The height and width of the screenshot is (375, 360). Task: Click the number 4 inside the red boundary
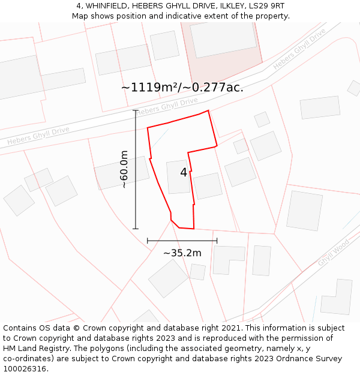tap(184, 173)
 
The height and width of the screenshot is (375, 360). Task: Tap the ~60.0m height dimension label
tap(124, 170)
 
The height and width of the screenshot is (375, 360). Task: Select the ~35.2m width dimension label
tap(182, 253)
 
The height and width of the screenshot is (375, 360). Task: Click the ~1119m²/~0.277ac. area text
tap(182, 88)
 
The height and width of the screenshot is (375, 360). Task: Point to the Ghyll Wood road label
tap(333, 253)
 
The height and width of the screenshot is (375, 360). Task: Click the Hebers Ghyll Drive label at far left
tap(38, 136)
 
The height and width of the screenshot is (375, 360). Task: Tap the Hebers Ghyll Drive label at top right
tap(299, 48)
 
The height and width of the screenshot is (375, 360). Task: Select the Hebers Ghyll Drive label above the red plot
tap(167, 106)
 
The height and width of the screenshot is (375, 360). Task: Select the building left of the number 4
tap(178, 177)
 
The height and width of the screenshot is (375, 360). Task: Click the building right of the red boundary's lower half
tap(208, 186)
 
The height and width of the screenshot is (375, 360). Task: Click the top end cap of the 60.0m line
tap(135, 110)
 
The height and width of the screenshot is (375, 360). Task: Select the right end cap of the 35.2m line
tap(217, 241)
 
